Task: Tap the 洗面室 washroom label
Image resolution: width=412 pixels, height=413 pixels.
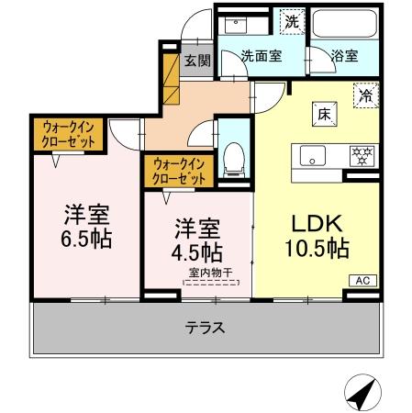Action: [x=261, y=56]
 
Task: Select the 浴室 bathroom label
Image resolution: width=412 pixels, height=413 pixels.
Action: [x=345, y=56]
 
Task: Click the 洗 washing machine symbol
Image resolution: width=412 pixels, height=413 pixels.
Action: [x=291, y=20]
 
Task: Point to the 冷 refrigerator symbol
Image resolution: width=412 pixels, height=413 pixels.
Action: [x=366, y=95]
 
